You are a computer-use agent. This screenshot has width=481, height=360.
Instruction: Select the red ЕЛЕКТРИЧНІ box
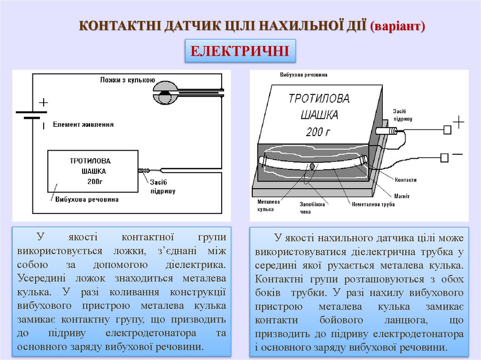(240, 51)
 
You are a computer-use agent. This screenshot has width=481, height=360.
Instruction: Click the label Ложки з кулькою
(127, 80)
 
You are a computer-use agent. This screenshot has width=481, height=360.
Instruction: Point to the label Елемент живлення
(83, 124)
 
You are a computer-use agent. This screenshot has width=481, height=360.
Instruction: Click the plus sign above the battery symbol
(43, 102)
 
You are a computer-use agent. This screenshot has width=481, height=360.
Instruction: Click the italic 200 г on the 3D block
(318, 132)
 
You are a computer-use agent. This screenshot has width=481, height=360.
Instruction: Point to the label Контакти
(405, 180)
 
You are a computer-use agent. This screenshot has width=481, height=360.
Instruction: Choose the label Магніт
(401, 196)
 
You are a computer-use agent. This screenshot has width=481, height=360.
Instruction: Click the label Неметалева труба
(374, 204)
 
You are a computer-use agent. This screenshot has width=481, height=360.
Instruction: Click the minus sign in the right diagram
(457, 154)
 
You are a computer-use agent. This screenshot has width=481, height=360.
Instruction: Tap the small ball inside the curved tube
(311, 167)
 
